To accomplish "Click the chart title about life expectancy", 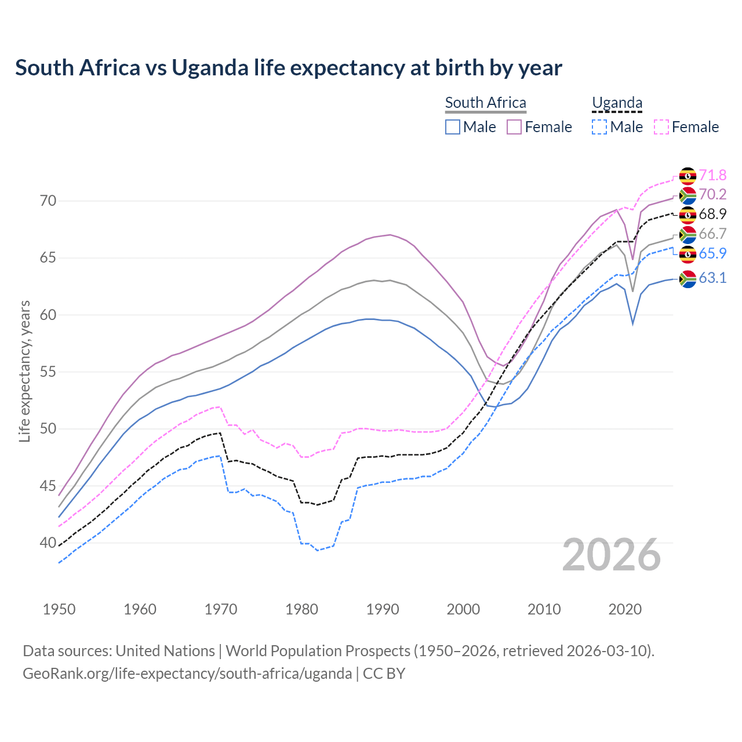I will [x=288, y=68].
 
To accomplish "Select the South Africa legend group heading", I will [x=485, y=103].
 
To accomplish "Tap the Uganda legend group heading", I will [x=617, y=103].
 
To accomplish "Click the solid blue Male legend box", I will [x=453, y=127].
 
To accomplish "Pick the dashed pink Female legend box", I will [x=661, y=127].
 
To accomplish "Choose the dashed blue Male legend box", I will [x=599, y=127].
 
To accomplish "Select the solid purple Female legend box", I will [x=514, y=127].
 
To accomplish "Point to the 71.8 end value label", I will [x=712, y=175].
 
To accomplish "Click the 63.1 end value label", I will [x=712, y=278].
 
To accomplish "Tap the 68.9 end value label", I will [x=712, y=214].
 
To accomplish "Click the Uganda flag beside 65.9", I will [x=688, y=254].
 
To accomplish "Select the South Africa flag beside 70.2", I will [x=688, y=195].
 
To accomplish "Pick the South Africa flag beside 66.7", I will [x=688, y=234].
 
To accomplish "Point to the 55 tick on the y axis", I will [x=48, y=372].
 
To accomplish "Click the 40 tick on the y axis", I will [x=48, y=543].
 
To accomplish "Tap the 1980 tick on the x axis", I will [x=301, y=609].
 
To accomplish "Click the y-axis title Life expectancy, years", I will [x=24, y=371].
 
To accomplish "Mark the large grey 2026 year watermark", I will [x=612, y=555].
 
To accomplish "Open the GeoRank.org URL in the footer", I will [x=187, y=674].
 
